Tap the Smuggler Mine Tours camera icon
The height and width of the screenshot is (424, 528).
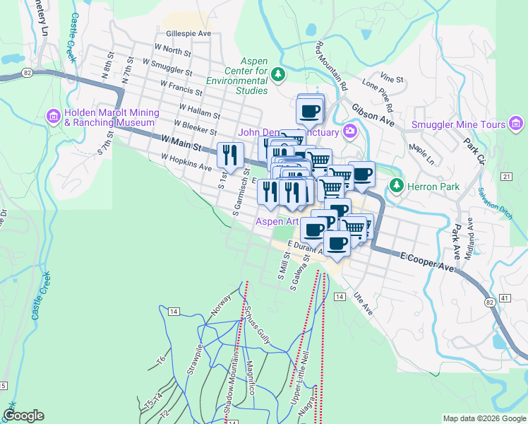[517, 125]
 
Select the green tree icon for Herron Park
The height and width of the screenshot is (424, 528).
[397, 186]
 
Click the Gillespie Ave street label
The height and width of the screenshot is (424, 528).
[188, 33]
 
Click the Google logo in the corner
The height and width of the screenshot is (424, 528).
[24, 416]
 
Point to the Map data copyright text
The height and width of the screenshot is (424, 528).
[484, 418]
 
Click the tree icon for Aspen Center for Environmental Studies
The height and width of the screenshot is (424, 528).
[280, 73]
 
